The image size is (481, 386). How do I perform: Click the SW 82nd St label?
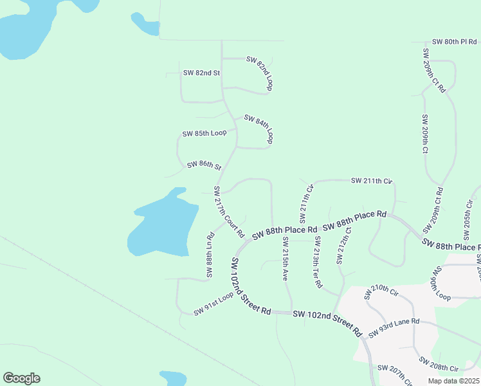point(201,73)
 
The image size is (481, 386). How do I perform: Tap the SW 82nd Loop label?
point(260,73)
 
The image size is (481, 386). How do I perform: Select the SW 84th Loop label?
point(260,129)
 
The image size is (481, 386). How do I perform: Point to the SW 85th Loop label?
point(204,133)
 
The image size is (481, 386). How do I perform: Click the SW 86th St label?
point(204,165)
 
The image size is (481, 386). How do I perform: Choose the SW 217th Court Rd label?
point(229,210)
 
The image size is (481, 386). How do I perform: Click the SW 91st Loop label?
point(215,304)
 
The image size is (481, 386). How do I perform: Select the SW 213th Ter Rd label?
point(317,261)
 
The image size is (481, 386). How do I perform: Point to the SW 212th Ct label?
point(344,244)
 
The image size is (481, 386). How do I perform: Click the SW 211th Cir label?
point(372,181)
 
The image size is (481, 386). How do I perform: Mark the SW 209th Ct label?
point(424,134)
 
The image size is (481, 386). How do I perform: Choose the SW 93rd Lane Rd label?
point(394,327)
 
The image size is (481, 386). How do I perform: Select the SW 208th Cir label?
point(438,364)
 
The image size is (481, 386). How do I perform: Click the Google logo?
point(21,378)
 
